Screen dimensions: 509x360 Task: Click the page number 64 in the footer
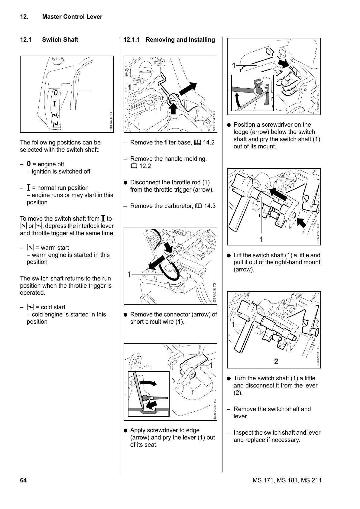pyautogui.click(x=23, y=480)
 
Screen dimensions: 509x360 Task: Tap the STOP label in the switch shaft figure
pyautogui.click(x=58, y=59)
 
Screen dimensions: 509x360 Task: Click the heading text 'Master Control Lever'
pyautogui.click(x=72, y=17)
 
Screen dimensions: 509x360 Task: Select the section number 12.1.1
pyautogui.click(x=132, y=40)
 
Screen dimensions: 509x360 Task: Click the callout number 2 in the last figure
pyautogui.click(x=276, y=361)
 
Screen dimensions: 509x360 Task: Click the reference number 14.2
pyautogui.click(x=209, y=143)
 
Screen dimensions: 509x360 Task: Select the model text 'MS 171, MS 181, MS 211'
pyautogui.click(x=287, y=481)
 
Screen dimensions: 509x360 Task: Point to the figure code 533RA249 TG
pyautogui.click(x=214, y=409)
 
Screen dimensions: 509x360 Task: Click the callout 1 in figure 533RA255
pyautogui.click(x=261, y=239)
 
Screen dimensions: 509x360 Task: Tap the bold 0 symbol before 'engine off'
pyautogui.click(x=29, y=164)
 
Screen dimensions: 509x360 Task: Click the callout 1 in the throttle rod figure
pyautogui.click(x=129, y=87)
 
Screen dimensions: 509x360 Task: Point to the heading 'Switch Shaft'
pyautogui.click(x=60, y=40)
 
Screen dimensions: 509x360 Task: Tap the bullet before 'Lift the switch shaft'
pyautogui.click(x=229, y=255)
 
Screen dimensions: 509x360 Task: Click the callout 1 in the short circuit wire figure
pyautogui.click(x=129, y=274)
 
